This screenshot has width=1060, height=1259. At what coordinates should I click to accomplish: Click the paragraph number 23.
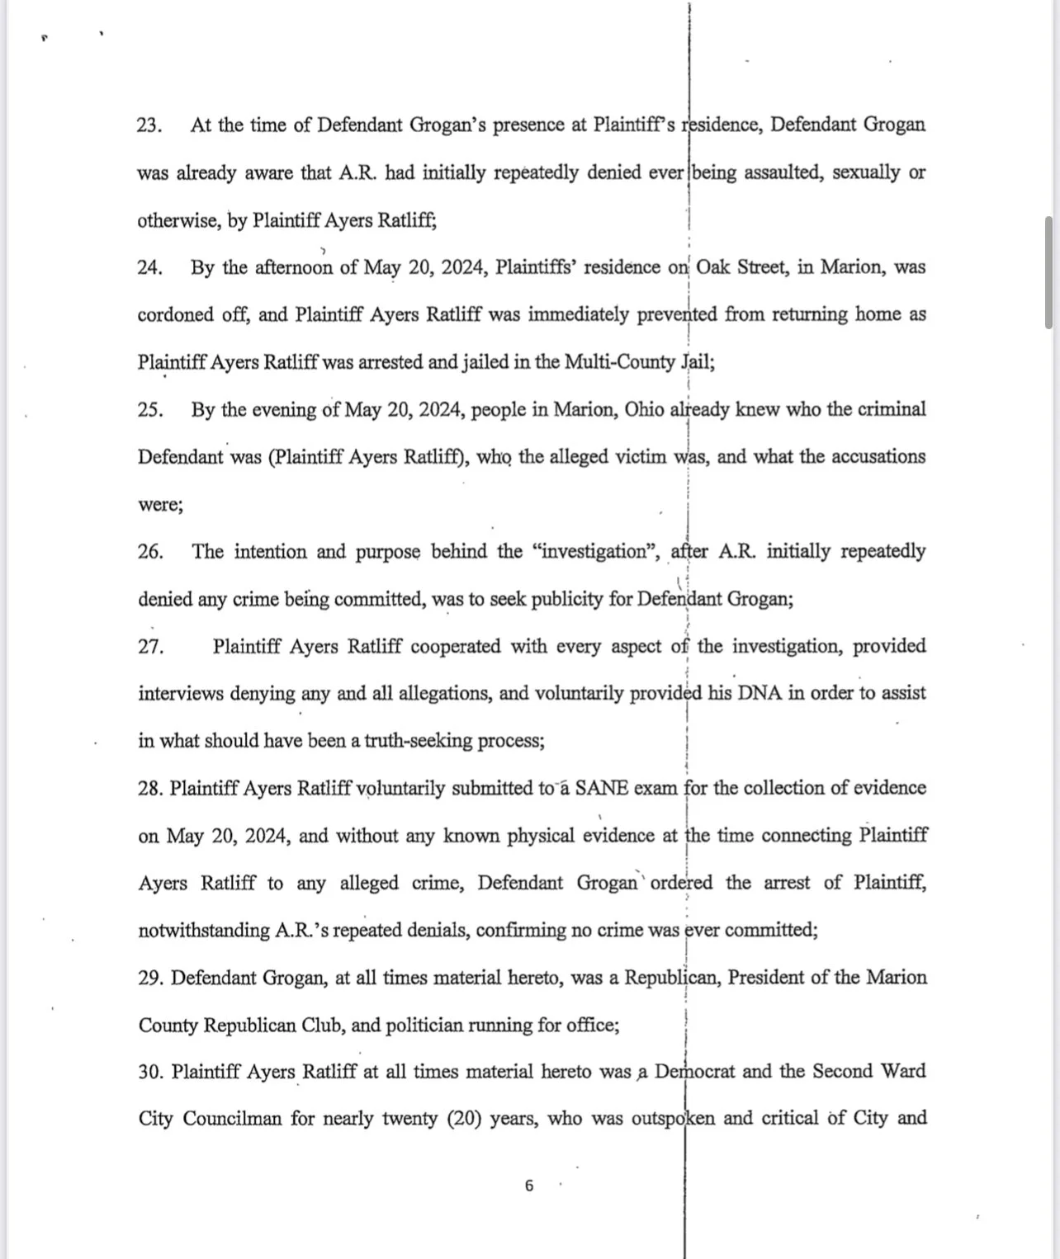pyautogui.click(x=149, y=125)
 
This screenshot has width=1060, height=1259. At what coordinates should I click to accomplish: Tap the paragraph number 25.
pyautogui.click(x=149, y=410)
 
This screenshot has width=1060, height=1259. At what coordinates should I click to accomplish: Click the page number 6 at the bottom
pyautogui.click(x=529, y=1186)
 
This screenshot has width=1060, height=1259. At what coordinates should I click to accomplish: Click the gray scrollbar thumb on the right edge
pyautogui.click(x=1048, y=272)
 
